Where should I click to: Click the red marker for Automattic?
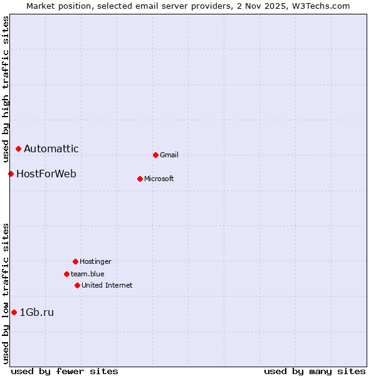click(19, 149)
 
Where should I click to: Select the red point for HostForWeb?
click(11, 174)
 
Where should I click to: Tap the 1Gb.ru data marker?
click(14, 312)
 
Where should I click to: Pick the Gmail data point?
click(155, 155)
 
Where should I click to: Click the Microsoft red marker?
click(140, 179)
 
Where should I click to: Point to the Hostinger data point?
click(75, 261)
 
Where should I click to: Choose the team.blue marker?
click(66, 274)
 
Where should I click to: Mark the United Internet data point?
click(77, 285)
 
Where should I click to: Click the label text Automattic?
click(51, 149)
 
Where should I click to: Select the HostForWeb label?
click(46, 174)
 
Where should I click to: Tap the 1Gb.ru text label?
click(37, 312)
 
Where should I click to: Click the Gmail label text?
click(169, 155)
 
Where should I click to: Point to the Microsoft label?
click(159, 179)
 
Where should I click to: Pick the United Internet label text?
click(107, 285)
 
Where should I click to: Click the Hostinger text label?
click(95, 261)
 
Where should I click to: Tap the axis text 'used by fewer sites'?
click(65, 371)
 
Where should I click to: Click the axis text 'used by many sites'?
click(315, 371)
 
